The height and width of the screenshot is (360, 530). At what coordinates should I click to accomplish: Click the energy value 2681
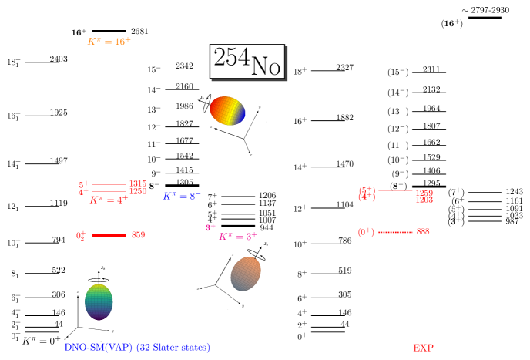tap(139, 32)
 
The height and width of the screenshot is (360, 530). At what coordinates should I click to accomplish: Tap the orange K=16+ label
tap(109, 42)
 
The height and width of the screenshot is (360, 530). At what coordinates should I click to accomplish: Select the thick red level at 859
tap(108, 235)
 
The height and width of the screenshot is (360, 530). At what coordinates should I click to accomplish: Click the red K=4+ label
tap(108, 200)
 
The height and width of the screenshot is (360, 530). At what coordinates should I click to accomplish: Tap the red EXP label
tap(424, 348)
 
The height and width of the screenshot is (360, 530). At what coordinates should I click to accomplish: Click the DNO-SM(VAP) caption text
tap(136, 348)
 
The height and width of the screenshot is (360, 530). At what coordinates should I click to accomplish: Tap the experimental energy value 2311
tap(431, 70)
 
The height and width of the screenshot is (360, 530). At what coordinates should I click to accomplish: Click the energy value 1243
tap(515, 192)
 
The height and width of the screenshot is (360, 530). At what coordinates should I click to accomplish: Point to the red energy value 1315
tap(138, 183)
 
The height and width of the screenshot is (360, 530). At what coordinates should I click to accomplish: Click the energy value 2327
tap(344, 68)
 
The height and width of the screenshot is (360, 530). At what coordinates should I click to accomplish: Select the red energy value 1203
tap(424, 200)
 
